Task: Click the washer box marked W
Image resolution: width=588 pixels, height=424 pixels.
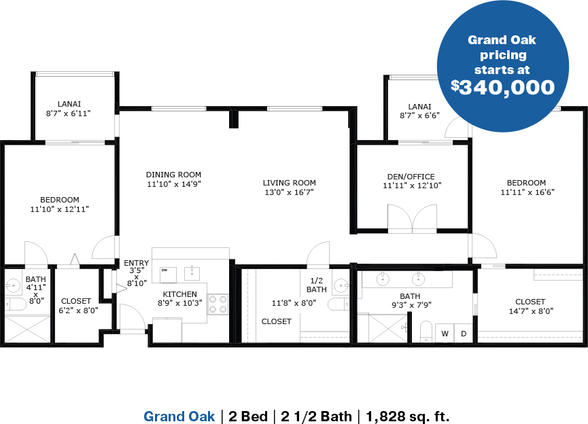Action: [x=445, y=333]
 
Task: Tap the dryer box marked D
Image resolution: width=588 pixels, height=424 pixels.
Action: [x=464, y=333]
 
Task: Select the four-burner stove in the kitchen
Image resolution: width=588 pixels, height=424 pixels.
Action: [x=218, y=304]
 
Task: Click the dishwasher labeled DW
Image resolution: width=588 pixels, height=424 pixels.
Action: [x=168, y=275]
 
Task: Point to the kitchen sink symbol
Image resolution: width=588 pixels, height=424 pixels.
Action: [x=192, y=274]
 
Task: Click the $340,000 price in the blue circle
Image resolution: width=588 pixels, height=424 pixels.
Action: [x=502, y=87]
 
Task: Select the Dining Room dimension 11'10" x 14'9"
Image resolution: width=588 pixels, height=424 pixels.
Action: [x=173, y=184]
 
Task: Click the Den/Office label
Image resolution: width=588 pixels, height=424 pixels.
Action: [x=411, y=177]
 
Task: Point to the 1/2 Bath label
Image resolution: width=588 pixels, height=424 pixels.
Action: [x=317, y=285]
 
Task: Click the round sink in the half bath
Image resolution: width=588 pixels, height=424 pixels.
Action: [x=341, y=285]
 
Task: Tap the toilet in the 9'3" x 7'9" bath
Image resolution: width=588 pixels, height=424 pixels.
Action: [x=426, y=331]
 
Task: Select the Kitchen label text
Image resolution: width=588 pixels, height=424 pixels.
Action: [x=179, y=294]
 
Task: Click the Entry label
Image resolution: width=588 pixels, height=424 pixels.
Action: [x=137, y=263]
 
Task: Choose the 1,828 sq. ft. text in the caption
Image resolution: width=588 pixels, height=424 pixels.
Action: [x=408, y=416]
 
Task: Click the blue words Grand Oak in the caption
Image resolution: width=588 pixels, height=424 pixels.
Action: [x=179, y=416]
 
